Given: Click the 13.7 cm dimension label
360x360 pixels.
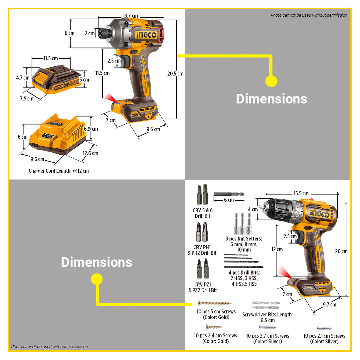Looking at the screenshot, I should [130, 16].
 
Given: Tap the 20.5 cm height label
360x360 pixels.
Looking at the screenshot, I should [176, 74].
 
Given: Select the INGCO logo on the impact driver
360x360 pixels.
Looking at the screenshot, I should [146, 35].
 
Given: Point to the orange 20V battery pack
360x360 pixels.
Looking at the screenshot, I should [57, 80].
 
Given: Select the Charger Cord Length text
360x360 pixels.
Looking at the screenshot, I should [59, 171].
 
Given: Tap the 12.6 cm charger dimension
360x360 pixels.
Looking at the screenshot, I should [91, 153].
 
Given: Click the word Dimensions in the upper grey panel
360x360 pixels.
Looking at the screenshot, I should [271, 99].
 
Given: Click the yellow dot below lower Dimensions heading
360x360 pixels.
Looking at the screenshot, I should [97, 279].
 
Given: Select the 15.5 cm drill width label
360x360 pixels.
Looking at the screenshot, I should [301, 193].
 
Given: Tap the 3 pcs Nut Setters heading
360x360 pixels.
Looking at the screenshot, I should [244, 239].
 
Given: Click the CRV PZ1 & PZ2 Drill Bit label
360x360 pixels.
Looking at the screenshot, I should [202, 287].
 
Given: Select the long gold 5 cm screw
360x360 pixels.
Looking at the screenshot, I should [214, 303].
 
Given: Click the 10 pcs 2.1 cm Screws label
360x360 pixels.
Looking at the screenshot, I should [324, 336].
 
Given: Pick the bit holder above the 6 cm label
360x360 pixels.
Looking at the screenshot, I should [229, 194].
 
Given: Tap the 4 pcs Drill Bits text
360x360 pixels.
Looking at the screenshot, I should [244, 273].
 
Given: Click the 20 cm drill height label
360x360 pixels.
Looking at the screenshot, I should [341, 251].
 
